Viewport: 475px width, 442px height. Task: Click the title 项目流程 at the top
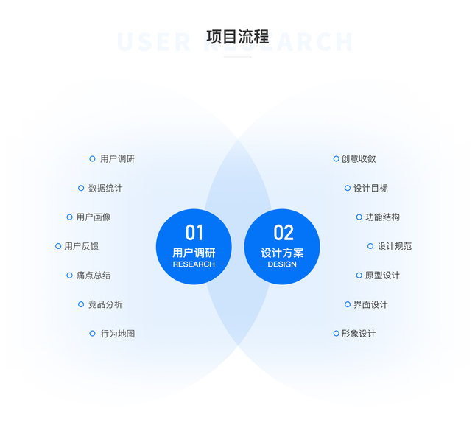237,37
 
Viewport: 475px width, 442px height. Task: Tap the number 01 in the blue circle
194,233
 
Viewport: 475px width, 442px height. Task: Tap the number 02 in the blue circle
283,233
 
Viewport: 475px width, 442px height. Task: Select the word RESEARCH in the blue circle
194,264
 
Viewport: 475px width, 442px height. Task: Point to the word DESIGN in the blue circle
282,264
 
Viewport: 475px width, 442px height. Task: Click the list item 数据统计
105,188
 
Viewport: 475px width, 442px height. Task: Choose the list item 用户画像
94,217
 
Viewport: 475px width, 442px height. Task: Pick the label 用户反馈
82,246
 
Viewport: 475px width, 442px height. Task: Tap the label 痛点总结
94,276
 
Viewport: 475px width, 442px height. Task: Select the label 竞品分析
105,304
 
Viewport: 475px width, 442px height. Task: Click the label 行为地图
117,334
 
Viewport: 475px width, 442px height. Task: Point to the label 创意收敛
359,158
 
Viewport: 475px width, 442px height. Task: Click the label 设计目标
370,188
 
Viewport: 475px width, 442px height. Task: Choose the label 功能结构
382,217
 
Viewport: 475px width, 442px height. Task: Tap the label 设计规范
394,246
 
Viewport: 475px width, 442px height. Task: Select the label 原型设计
382,276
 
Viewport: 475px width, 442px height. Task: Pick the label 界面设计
370,304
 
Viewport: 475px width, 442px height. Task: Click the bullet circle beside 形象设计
336,334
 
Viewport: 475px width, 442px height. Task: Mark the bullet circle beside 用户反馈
58,246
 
